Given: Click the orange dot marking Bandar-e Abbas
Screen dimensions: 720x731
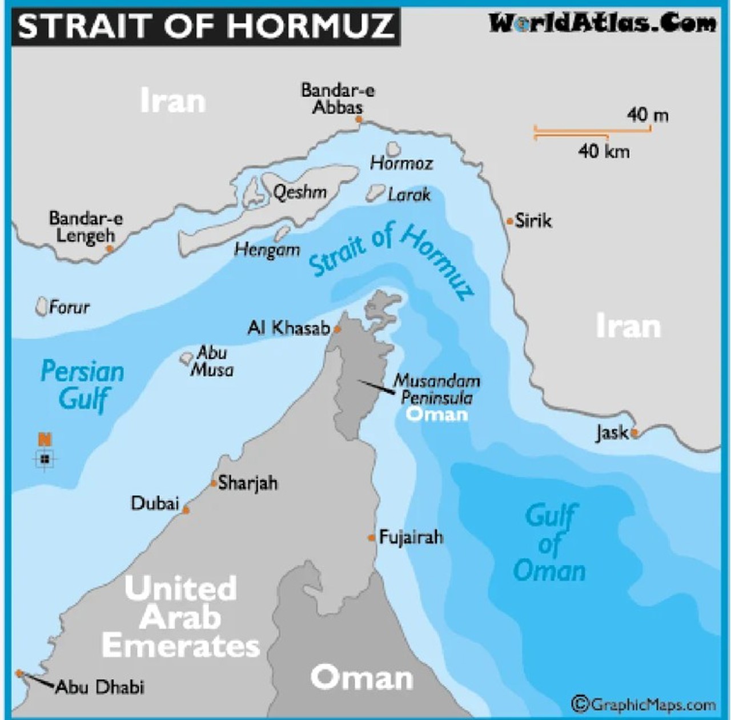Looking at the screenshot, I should click(359, 119).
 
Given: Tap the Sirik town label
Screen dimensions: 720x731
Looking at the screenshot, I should click(533, 221).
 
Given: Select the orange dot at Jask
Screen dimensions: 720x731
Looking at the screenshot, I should click(634, 433).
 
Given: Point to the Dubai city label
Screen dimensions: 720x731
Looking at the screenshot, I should click(155, 503).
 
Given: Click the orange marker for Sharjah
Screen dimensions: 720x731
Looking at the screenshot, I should click(213, 483).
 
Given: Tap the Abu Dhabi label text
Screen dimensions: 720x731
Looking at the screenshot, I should click(100, 687).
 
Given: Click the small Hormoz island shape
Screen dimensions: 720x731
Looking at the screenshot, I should click(393, 150).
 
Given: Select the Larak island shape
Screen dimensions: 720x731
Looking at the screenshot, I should click(375, 193).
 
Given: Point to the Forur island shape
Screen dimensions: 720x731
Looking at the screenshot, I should click(41, 306).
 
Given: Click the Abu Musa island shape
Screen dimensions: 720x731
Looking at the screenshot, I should click(186, 359).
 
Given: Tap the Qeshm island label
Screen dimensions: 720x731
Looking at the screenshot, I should click(300, 192).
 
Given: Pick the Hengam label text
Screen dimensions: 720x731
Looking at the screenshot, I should click(267, 250).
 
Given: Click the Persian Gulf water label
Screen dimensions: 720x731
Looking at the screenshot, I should click(83, 385).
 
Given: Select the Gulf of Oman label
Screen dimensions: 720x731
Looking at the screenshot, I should click(549, 543).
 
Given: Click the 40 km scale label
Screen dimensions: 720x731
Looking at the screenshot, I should click(604, 151).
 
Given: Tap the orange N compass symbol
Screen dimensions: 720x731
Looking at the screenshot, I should click(45, 439).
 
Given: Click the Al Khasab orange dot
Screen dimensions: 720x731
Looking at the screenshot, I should click(338, 329).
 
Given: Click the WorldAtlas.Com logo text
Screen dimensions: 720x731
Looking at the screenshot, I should click(602, 23).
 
